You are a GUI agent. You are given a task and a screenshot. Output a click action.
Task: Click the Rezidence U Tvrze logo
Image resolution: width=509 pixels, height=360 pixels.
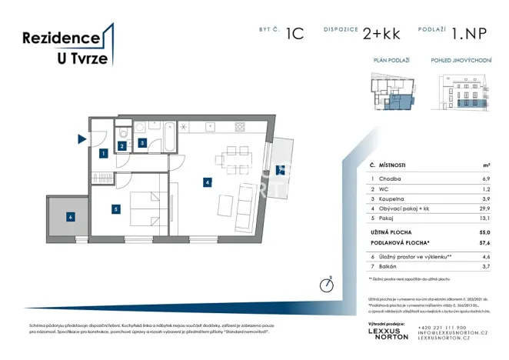(68, 46)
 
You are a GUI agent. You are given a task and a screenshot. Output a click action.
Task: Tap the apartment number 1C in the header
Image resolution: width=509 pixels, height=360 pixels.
(294, 34)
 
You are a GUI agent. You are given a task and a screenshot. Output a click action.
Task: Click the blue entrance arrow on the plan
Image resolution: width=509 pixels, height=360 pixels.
(82, 139)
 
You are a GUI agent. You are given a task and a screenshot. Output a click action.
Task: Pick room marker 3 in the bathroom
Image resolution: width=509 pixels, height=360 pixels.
(142, 143)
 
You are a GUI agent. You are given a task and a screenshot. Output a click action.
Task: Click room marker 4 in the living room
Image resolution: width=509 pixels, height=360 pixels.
(206, 182)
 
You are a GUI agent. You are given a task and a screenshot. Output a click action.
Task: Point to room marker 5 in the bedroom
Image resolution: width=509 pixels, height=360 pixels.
(115, 208)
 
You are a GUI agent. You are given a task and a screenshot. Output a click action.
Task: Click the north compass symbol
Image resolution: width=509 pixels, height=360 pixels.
(327, 285)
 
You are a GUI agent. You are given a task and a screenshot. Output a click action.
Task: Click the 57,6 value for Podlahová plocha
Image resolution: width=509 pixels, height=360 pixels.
(484, 242)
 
